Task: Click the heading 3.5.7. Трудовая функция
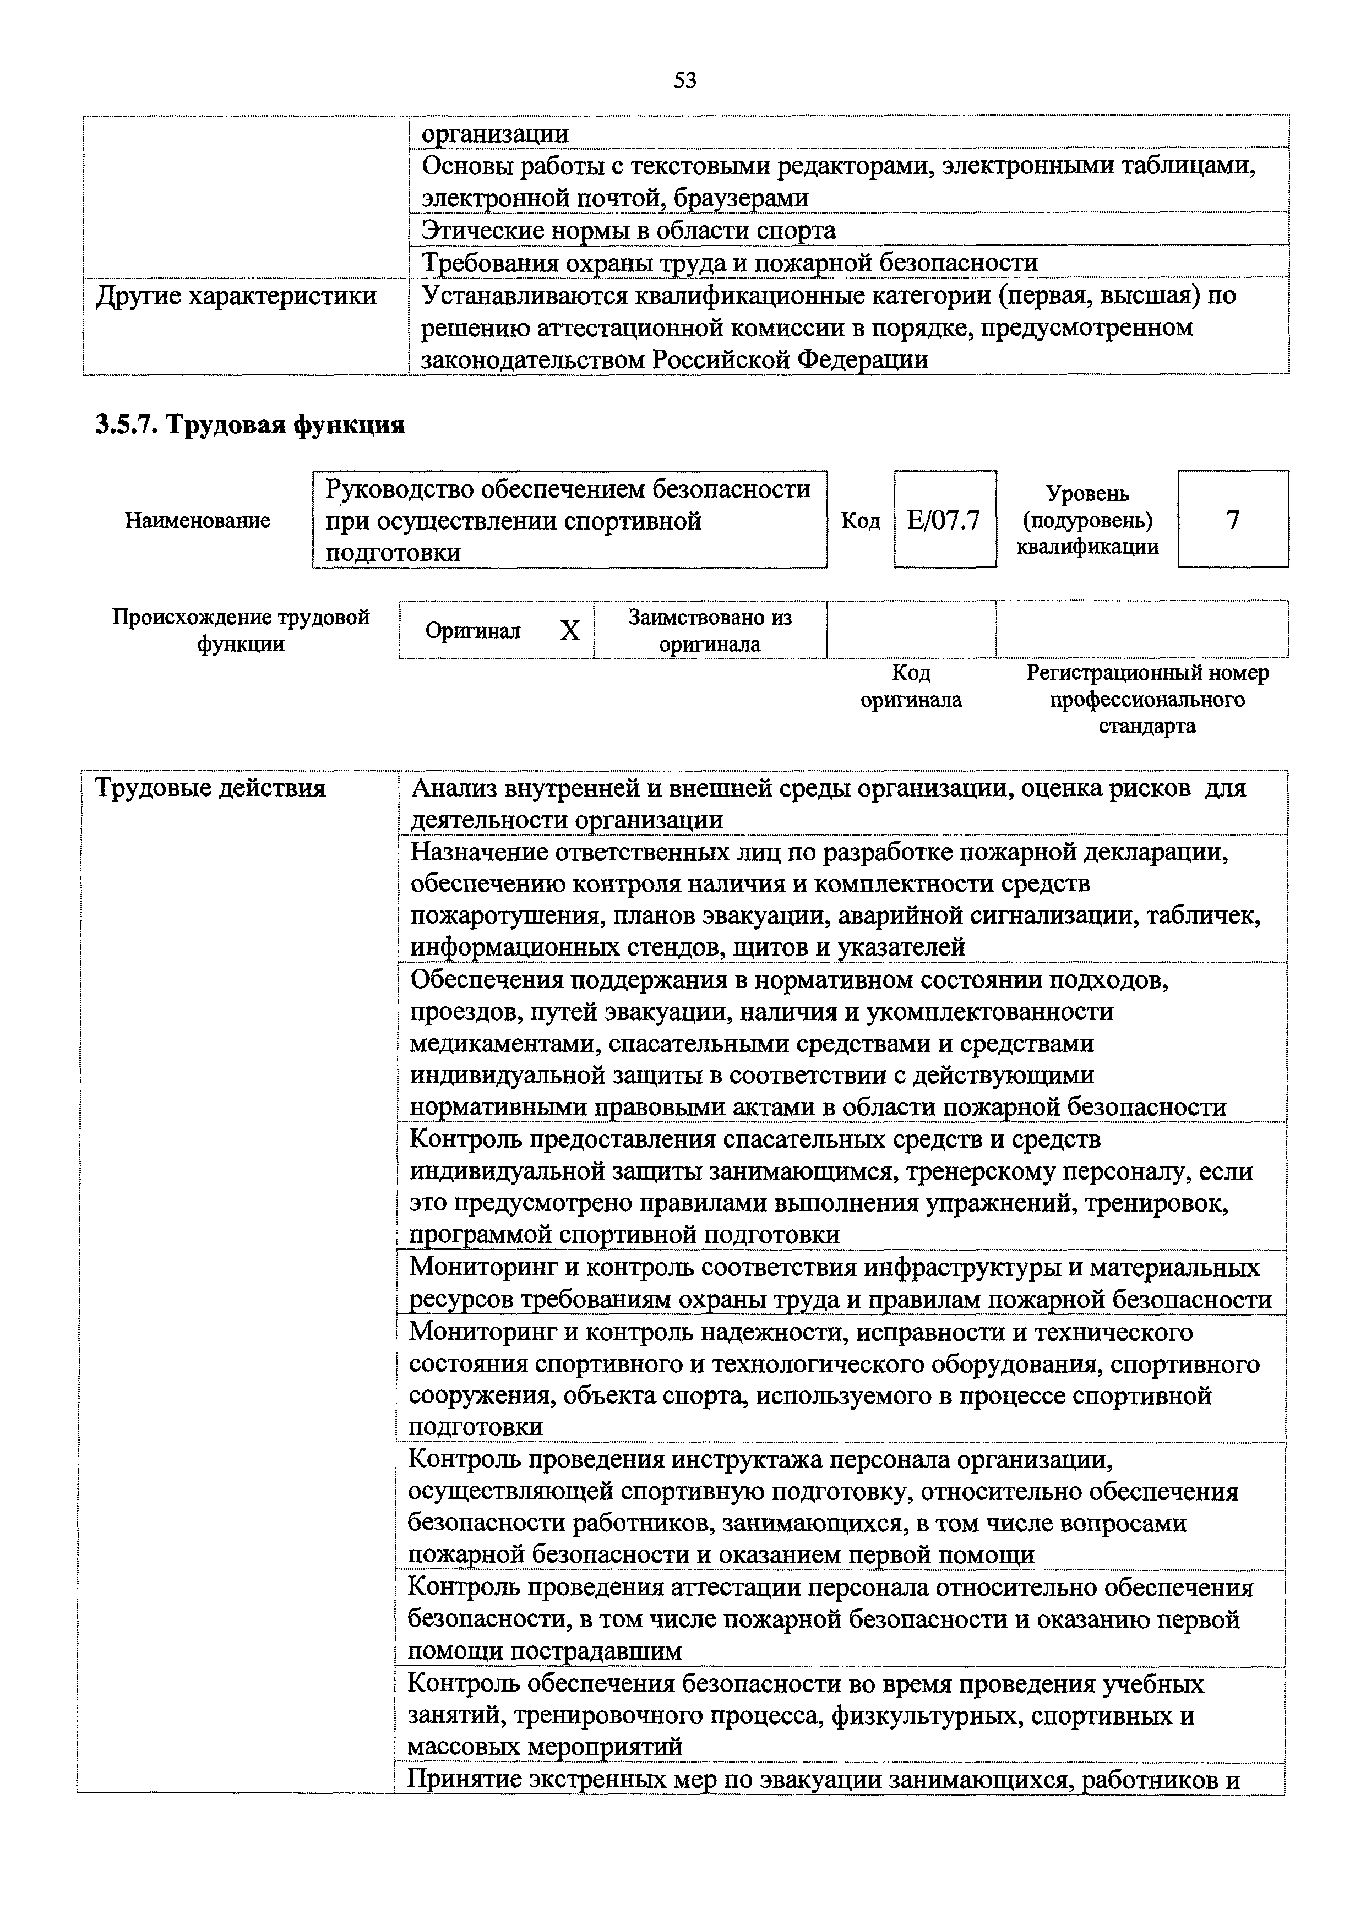coord(250,425)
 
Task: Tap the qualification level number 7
coord(1232,520)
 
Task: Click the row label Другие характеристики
coord(236,296)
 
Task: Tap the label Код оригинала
coord(911,686)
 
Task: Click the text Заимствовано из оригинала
coord(710,631)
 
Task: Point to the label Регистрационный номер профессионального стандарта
coord(1147,699)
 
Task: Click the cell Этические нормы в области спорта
coord(628,231)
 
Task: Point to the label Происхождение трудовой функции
coord(241,631)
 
